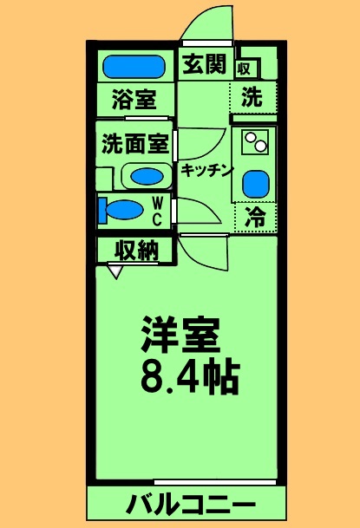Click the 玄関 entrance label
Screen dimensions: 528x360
pos(205,65)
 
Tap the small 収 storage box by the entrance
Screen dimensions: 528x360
pos(245,68)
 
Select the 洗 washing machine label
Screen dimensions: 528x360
pos(252,97)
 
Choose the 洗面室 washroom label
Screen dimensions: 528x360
pos(134,143)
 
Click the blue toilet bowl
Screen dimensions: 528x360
pos(121,211)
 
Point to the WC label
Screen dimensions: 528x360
pos(158,211)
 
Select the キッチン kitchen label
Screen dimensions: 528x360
pos(206,170)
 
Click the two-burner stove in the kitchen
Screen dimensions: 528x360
pos(254,140)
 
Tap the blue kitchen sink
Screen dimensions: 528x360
pos(254,184)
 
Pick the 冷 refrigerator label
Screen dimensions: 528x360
pos(254,217)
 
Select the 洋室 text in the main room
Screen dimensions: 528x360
pos(181,334)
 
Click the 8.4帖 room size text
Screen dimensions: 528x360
pos(188,375)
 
